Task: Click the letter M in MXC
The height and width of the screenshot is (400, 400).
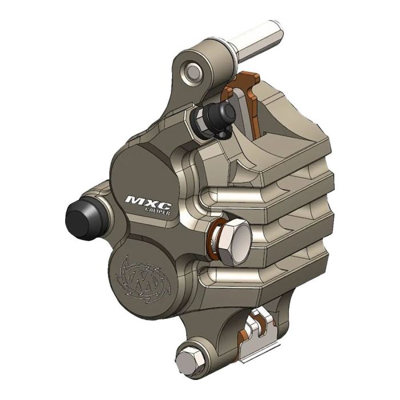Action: (x=135, y=202)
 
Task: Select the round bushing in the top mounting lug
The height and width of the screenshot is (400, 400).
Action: (x=194, y=71)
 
